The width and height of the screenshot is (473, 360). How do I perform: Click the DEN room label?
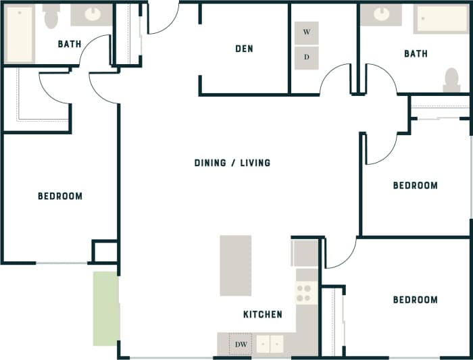(244, 49)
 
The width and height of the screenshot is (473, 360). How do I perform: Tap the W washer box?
(307, 32)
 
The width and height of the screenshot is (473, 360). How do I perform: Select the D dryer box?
(307, 57)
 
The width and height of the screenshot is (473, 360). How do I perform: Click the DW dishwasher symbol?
(241, 344)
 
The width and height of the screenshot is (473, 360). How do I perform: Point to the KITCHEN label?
(263, 315)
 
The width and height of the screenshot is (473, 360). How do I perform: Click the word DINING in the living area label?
(210, 163)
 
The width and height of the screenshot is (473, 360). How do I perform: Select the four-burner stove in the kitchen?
(305, 293)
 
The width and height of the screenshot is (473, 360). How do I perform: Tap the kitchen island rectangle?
(235, 265)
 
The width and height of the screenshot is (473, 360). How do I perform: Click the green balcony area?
(105, 308)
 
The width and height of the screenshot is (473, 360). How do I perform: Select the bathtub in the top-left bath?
(20, 34)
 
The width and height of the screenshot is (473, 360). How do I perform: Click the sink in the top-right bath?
(380, 14)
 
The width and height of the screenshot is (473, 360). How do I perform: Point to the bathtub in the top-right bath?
(440, 19)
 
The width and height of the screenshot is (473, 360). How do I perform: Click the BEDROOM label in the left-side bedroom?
(60, 197)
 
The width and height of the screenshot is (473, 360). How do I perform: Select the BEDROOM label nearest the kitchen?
(415, 300)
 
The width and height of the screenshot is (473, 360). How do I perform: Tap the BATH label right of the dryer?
(416, 53)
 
